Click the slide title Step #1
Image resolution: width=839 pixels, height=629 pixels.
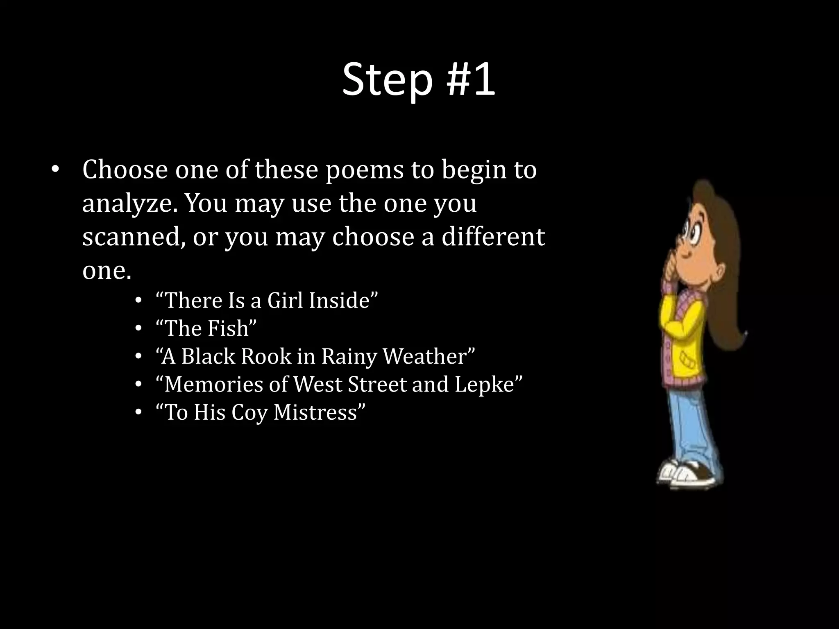419,80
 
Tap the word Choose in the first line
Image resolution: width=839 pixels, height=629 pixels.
125,170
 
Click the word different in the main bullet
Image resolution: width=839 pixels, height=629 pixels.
493,237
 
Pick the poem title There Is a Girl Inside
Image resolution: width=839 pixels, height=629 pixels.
267,300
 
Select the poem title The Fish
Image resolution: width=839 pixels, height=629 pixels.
206,328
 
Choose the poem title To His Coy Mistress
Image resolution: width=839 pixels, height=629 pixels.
261,412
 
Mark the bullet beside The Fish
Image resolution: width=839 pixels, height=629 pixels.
138,328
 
